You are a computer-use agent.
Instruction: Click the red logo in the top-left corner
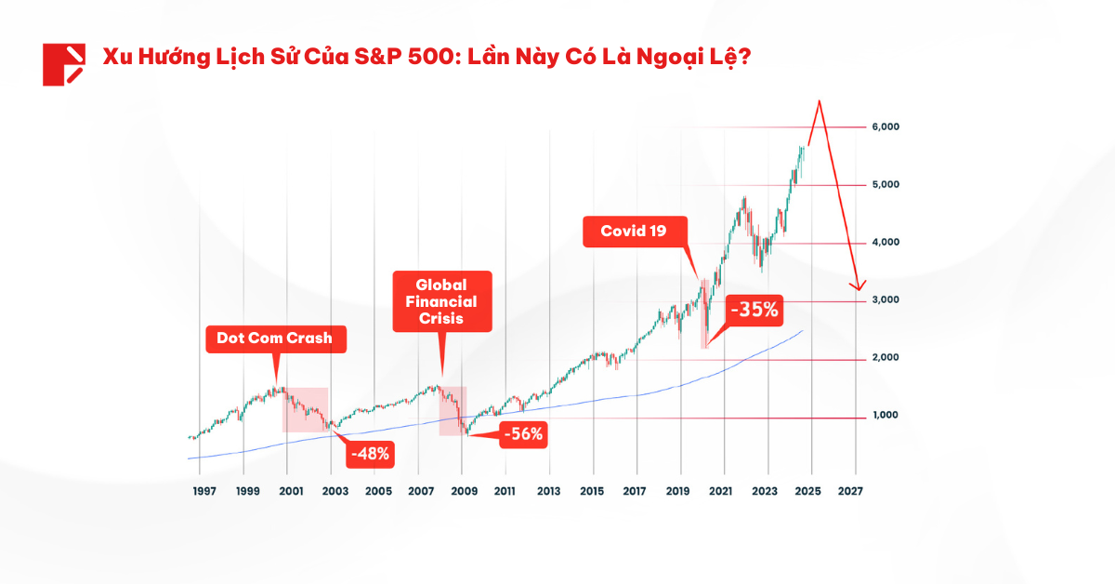63,64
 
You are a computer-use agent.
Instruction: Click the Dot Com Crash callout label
274,338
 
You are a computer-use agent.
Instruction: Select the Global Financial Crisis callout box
441,301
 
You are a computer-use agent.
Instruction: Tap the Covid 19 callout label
636,232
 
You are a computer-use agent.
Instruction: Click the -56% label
522,433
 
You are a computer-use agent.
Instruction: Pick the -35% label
754,310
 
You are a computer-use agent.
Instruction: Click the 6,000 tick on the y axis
885,126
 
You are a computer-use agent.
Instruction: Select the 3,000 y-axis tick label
885,300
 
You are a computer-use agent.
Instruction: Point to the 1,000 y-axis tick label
885,416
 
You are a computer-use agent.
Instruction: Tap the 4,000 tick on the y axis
885,243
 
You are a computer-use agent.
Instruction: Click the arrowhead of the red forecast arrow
860,286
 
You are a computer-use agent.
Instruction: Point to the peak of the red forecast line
819,101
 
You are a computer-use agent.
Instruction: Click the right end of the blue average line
803,330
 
